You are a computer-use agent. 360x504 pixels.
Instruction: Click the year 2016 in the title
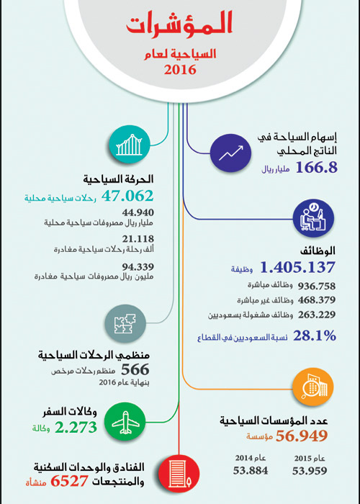click(x=179, y=70)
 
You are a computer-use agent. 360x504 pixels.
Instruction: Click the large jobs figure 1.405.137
click(x=298, y=268)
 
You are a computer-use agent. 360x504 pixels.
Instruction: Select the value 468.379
click(x=315, y=300)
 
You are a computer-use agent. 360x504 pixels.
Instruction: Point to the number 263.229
click(x=315, y=316)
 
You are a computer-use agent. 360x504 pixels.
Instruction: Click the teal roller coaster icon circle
click(x=129, y=146)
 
